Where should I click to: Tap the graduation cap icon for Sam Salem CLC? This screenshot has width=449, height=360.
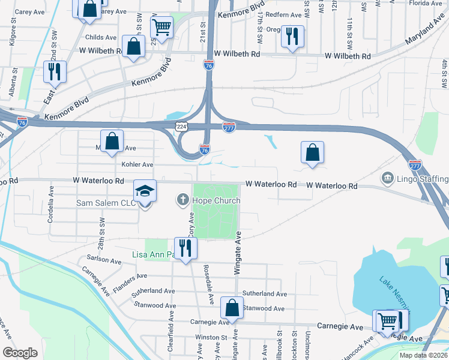coord(145,191)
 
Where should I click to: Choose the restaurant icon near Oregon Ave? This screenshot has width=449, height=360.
coord(292,37)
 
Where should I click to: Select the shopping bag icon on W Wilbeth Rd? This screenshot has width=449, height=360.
coord(133,47)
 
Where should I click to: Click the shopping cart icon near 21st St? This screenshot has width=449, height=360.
coord(161,27)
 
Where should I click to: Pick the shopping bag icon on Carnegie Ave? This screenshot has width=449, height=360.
coord(232,308)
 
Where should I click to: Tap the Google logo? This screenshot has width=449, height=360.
coord(20,353)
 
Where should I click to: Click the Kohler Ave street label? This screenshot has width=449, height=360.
coord(137,164)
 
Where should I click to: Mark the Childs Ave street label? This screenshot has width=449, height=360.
coord(103,37)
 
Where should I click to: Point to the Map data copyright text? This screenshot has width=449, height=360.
coord(414,355)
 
